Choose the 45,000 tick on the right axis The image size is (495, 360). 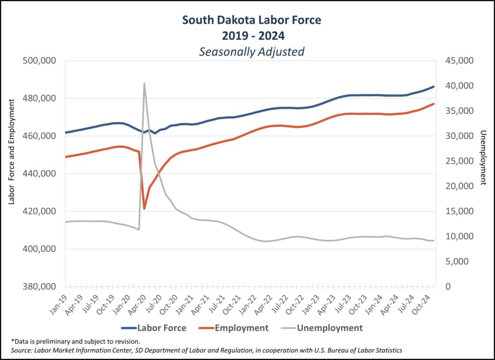click(458, 60)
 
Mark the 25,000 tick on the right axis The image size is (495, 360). click(458, 161)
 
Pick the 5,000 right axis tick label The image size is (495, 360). click(460, 262)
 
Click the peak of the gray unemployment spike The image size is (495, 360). click(144, 83)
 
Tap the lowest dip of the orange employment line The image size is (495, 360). click(144, 209)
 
